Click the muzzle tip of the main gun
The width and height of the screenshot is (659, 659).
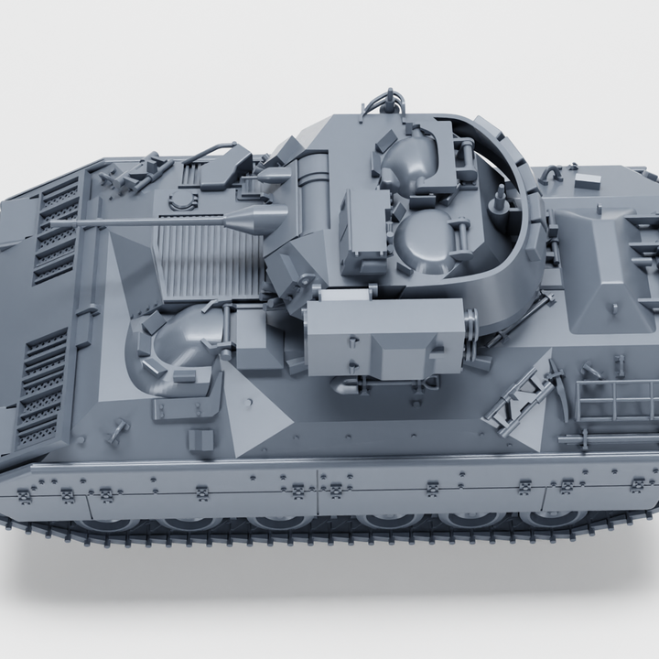pos(53,222)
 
